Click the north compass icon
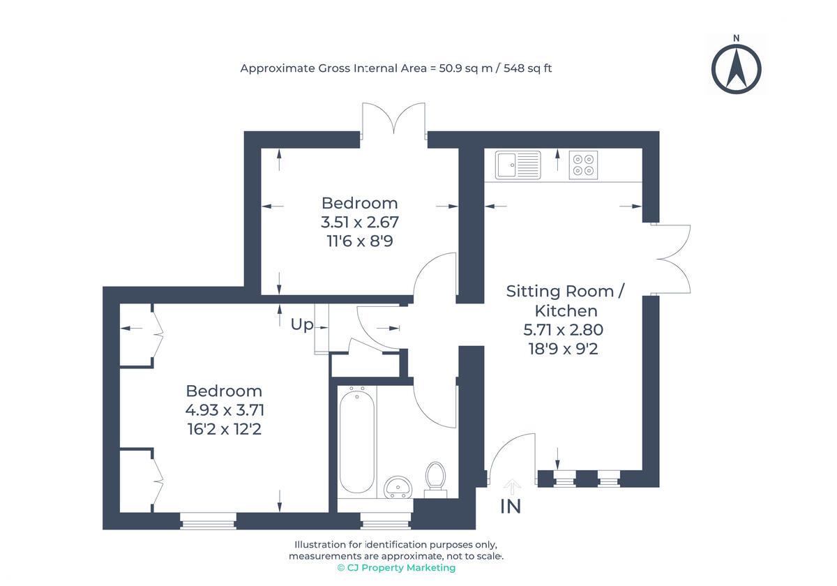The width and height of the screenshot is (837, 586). (x=736, y=68)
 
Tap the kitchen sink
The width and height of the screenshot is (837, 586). (x=518, y=165)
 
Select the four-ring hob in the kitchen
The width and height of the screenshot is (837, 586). (x=583, y=165)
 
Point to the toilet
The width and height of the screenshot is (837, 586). (x=436, y=479)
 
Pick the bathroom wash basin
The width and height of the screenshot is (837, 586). (x=399, y=486)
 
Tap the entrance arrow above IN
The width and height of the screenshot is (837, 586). (x=512, y=486)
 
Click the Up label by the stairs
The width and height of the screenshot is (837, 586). (x=302, y=324)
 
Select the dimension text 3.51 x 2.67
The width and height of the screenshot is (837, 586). (x=359, y=223)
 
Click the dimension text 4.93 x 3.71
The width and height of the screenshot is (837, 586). (x=224, y=410)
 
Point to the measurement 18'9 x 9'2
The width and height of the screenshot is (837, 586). (x=564, y=348)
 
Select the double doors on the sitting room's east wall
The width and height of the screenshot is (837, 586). (x=671, y=259)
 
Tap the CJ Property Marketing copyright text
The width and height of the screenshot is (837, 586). (x=396, y=568)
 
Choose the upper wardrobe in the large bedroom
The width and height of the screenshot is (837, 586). (x=139, y=334)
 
